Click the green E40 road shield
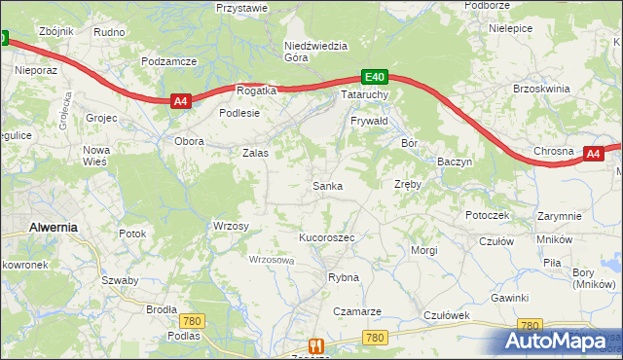click(375, 77)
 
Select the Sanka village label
click(326, 185)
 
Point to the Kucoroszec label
click(326, 237)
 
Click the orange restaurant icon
click(314, 345)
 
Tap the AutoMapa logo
click(561, 341)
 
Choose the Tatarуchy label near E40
click(365, 95)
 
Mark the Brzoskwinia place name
click(540, 89)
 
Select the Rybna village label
click(344, 277)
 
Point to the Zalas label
click(254, 153)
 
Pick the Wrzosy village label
click(231, 226)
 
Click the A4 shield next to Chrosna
click(595, 153)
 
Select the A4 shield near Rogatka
click(179, 100)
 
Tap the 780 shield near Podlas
click(192, 321)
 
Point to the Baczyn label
click(455, 161)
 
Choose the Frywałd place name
click(369, 121)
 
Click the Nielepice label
click(510, 29)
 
